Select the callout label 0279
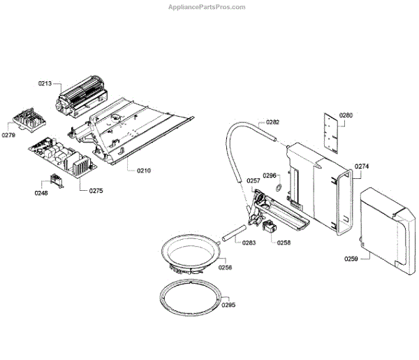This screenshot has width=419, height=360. pyautogui.click(x=10, y=135)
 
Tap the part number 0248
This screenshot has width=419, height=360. pyautogui.click(x=41, y=194)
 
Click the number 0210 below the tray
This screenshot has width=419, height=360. pyautogui.click(x=144, y=171)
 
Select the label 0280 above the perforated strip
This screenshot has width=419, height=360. pyautogui.click(x=347, y=115)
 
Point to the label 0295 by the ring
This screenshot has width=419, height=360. pyautogui.click(x=228, y=305)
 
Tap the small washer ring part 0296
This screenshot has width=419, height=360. pyautogui.click(x=278, y=187)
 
